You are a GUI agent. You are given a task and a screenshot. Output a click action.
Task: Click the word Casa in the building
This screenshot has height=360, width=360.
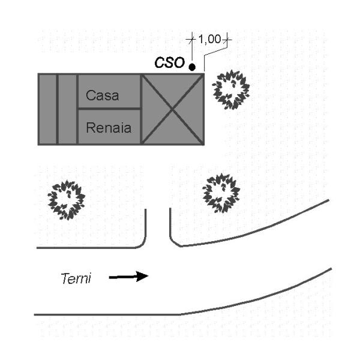tap(103, 95)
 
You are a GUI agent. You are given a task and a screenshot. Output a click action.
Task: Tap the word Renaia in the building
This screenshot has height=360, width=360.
tap(109, 127)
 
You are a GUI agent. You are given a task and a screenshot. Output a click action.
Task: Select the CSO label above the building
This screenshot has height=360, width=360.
tap(169, 63)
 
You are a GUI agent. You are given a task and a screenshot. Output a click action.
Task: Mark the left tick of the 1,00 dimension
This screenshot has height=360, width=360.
tap(191, 40)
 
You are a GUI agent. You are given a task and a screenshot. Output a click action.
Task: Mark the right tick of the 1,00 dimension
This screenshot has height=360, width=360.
tap(227, 40)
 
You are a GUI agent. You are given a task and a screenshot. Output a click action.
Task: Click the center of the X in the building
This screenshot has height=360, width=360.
tap(173, 109)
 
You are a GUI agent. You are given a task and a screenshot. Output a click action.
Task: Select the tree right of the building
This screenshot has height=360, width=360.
tap(231, 89)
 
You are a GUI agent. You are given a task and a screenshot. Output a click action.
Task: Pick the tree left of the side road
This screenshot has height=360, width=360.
tap(67, 200)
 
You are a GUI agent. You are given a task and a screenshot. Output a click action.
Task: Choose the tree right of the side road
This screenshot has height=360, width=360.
tap(221, 193)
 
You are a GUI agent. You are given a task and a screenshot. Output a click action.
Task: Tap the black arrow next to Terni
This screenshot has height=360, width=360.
tap(128, 277)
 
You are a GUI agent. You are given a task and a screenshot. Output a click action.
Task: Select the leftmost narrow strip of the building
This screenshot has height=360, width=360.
tap(47, 109)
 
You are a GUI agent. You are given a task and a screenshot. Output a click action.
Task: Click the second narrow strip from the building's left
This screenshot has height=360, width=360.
tap(68, 109)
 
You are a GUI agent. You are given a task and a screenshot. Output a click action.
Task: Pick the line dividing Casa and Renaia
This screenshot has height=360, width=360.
tap(109, 109)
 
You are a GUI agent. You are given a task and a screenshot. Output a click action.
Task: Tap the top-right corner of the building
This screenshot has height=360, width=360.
tap(204, 74)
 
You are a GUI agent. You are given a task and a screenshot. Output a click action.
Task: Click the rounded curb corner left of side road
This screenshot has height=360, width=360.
tap(142, 242)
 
